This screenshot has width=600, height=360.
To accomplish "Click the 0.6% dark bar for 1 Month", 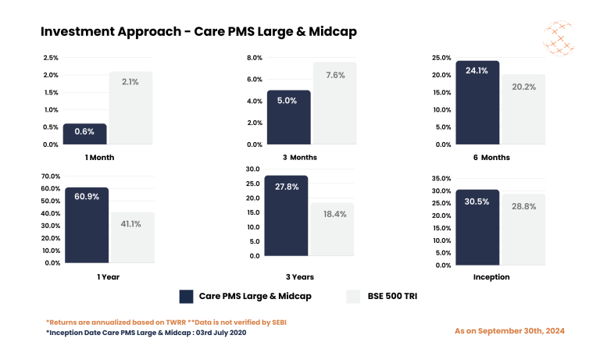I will click(84, 134).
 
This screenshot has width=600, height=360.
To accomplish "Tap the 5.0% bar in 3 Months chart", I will click(288, 117).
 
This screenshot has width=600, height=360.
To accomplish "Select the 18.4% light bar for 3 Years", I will click(333, 229).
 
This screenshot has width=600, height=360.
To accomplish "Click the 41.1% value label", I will click(132, 223).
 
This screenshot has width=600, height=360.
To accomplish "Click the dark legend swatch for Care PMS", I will click(186, 296).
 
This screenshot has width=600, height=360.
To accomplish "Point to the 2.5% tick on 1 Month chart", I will click(50, 58).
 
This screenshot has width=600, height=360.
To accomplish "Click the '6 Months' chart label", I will click(491, 157).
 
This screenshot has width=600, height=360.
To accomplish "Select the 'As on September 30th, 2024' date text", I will click(509, 331).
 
